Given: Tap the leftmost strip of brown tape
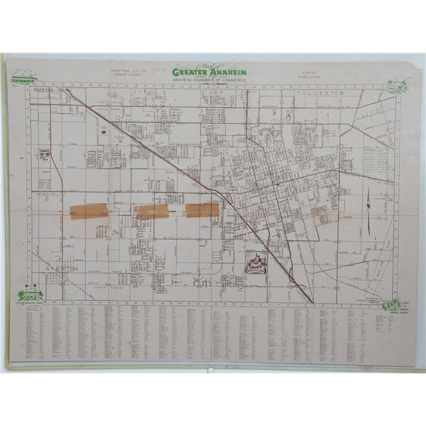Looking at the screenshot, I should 89,211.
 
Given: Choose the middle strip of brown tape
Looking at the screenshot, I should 151,211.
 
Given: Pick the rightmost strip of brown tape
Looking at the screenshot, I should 203,209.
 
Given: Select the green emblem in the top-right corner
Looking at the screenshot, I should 395,86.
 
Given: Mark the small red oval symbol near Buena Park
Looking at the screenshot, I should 104,131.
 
